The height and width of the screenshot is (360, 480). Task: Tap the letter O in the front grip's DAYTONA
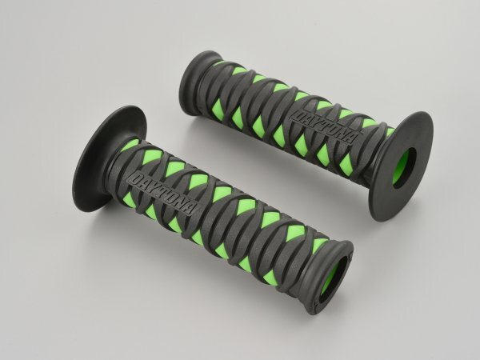point(171,198)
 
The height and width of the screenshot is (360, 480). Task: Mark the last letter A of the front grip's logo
point(190,209)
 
